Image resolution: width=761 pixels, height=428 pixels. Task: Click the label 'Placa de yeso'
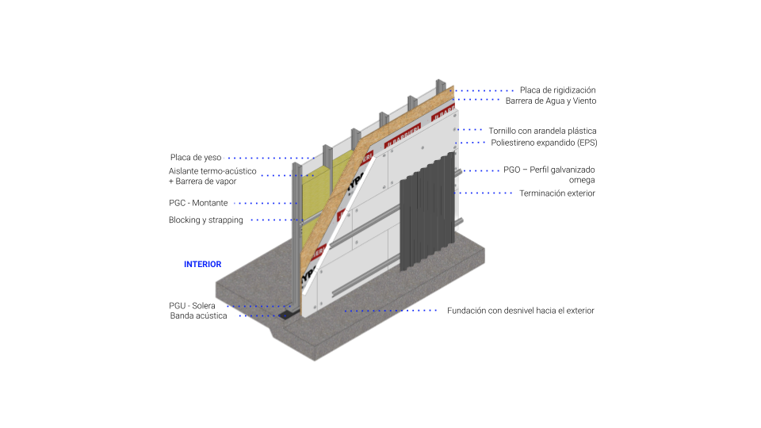pos(196,157)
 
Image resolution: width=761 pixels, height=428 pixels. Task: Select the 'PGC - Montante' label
pos(198,203)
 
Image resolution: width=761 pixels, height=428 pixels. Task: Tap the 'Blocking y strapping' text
pos(206,220)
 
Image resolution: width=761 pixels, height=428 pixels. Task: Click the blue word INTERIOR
pos(202,264)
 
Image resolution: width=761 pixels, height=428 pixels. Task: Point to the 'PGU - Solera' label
pos(192,306)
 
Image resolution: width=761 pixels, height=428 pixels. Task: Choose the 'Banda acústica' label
pos(198,316)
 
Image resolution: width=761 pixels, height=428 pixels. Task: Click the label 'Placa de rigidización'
pos(557,90)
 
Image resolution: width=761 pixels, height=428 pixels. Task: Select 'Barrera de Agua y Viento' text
pos(551,101)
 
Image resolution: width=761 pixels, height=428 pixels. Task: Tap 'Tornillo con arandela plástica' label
pos(542,131)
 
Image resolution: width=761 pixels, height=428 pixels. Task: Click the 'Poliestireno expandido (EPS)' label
pos(544,143)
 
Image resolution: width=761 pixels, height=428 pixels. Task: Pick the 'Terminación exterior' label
pos(557,193)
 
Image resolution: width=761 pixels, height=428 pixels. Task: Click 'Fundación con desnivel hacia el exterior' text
pos(521,311)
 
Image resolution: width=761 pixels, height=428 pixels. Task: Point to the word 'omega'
pos(582,181)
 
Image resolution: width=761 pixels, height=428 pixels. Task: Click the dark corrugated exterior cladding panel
pos(427,211)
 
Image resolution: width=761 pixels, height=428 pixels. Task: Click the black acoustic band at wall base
pos(287,315)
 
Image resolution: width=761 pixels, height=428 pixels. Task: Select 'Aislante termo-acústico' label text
pos(212,171)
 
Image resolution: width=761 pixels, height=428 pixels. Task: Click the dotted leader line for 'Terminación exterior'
pos(484,193)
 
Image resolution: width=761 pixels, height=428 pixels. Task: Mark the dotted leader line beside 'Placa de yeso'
pos(272,158)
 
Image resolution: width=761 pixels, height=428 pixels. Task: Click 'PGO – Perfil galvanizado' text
pos(549,170)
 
